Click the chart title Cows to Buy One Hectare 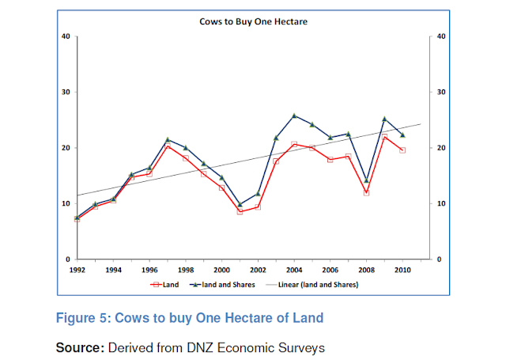click(253, 21)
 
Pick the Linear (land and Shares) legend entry click(316, 283)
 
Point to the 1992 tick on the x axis click(77, 270)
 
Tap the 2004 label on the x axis click(294, 270)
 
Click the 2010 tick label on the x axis click(402, 270)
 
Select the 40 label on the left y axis click(66, 36)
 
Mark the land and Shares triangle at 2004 click(294, 116)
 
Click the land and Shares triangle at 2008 click(367, 180)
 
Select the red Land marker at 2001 click(240, 212)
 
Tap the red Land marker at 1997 click(168, 146)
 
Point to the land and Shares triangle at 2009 click(384, 119)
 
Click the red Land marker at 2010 click(402, 150)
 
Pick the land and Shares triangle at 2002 click(258, 193)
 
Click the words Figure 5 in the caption click(82, 318)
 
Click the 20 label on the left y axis click(66, 148)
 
